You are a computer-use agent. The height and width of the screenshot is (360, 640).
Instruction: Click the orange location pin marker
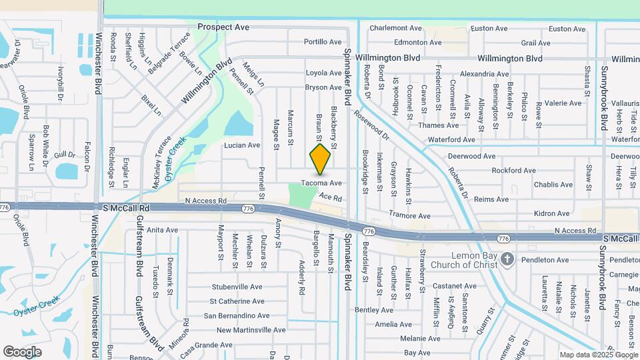(321, 159)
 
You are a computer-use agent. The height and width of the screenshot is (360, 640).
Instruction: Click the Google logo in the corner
(23, 351)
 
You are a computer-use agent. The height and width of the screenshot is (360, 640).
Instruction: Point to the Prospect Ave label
(223, 27)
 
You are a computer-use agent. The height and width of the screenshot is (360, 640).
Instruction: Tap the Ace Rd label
(331, 197)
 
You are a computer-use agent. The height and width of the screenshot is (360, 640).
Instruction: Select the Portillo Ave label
(323, 41)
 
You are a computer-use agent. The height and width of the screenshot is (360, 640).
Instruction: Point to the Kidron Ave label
(551, 213)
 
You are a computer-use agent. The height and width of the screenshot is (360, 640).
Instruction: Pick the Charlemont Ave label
(396, 28)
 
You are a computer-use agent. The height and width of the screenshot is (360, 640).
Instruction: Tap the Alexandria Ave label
(485, 74)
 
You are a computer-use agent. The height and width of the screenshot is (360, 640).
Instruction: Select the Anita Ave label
(163, 230)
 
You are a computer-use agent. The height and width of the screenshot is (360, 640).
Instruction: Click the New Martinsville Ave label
(251, 330)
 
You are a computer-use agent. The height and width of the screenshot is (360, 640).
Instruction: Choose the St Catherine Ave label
(237, 301)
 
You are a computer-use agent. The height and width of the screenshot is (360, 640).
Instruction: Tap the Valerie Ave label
(563, 103)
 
